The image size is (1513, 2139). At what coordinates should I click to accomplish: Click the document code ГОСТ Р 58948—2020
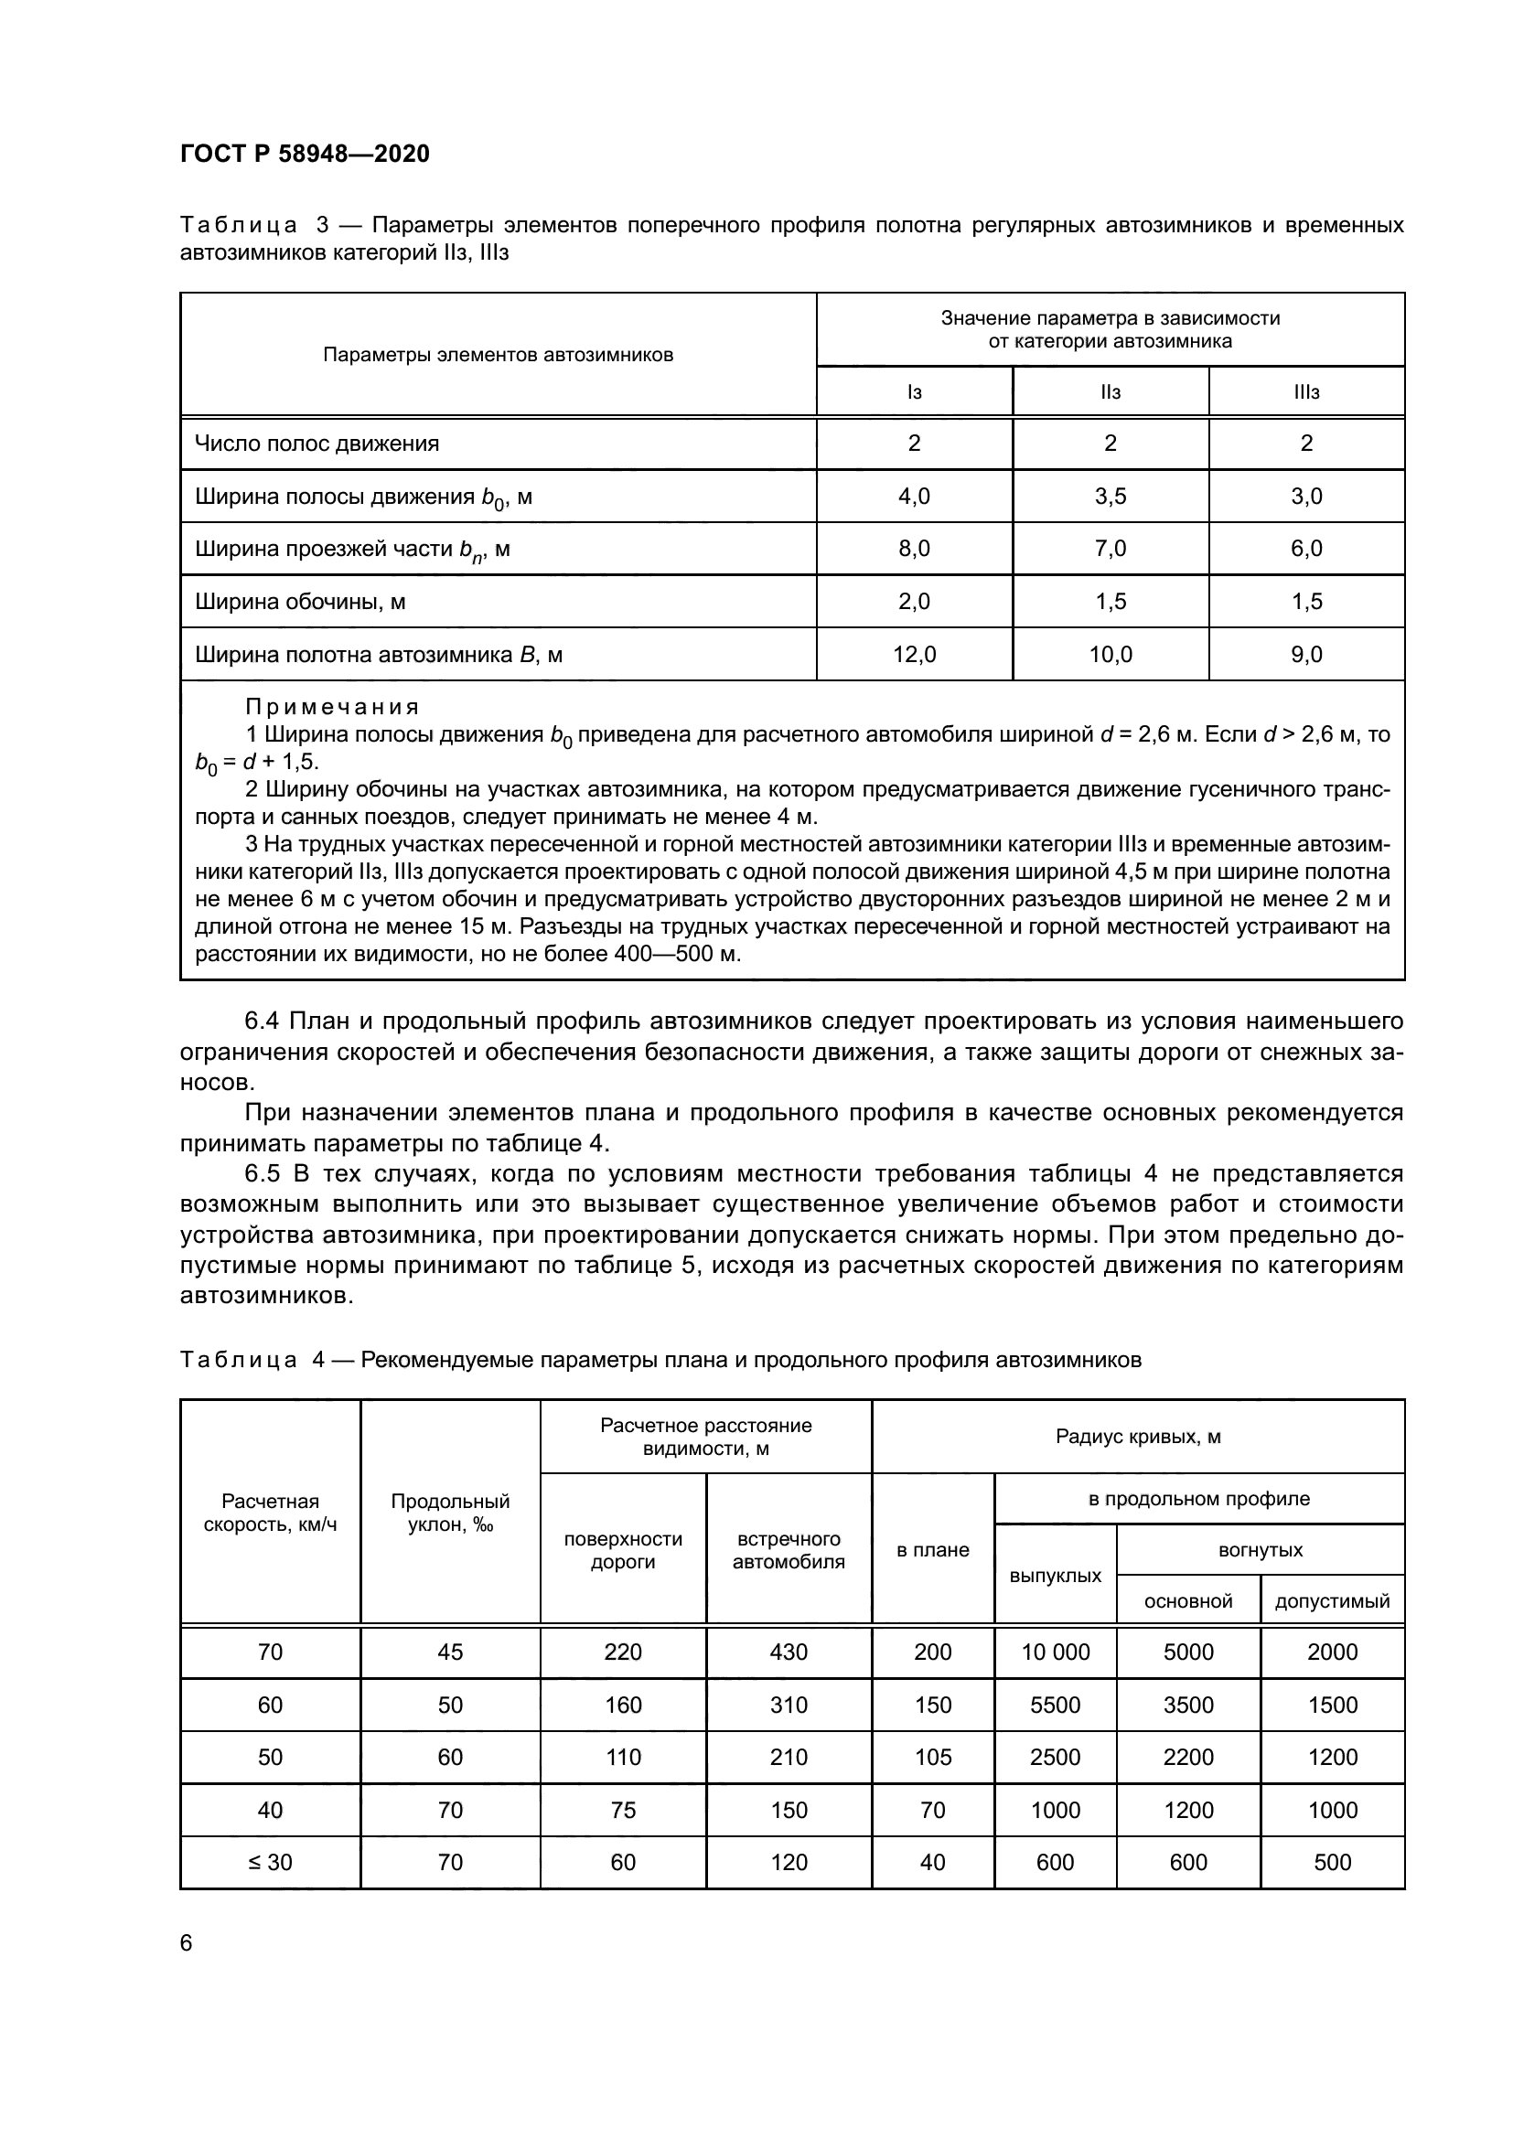(305, 154)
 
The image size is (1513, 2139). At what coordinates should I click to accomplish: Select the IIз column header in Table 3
(1110, 392)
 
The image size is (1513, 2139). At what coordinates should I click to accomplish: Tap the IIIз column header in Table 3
(1306, 392)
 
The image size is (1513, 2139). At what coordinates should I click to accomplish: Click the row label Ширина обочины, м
(300, 602)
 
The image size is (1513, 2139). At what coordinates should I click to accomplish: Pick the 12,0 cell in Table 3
(914, 655)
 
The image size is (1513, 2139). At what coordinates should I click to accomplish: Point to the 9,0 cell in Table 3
(1306, 655)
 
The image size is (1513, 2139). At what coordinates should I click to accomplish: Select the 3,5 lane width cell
(1110, 497)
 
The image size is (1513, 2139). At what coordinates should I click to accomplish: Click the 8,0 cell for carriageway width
(914, 549)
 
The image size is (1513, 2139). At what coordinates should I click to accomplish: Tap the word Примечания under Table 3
(332, 706)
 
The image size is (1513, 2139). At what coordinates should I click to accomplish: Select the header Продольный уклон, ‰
(450, 1513)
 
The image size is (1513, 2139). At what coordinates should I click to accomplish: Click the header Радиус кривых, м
(1138, 1437)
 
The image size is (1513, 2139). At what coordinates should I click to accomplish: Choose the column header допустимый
(1331, 1600)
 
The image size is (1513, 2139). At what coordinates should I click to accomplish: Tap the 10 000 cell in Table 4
(1055, 1652)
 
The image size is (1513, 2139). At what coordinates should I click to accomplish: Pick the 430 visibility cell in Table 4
(789, 1652)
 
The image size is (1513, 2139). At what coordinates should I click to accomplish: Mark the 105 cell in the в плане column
(932, 1757)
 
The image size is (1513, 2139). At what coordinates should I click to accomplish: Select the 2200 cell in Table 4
(1188, 1757)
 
